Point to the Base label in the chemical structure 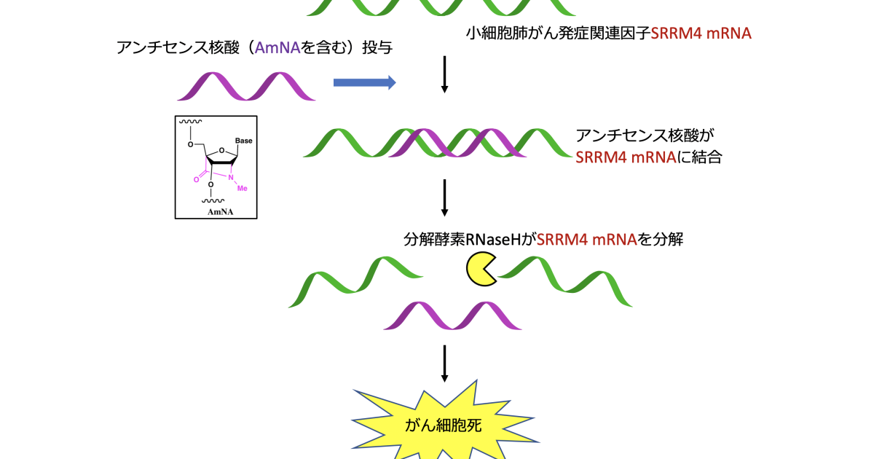pyautogui.click(x=243, y=141)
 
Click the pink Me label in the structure pyautogui.click(x=243, y=188)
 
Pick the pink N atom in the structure pyautogui.click(x=230, y=177)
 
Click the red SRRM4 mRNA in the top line pyautogui.click(x=701, y=33)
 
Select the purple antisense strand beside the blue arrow pyautogui.click(x=246, y=87)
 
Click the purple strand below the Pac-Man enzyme pyautogui.click(x=452, y=315)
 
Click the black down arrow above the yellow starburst pyautogui.click(x=444, y=364)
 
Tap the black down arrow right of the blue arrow pyautogui.click(x=444, y=76)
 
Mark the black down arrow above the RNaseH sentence pyautogui.click(x=444, y=197)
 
